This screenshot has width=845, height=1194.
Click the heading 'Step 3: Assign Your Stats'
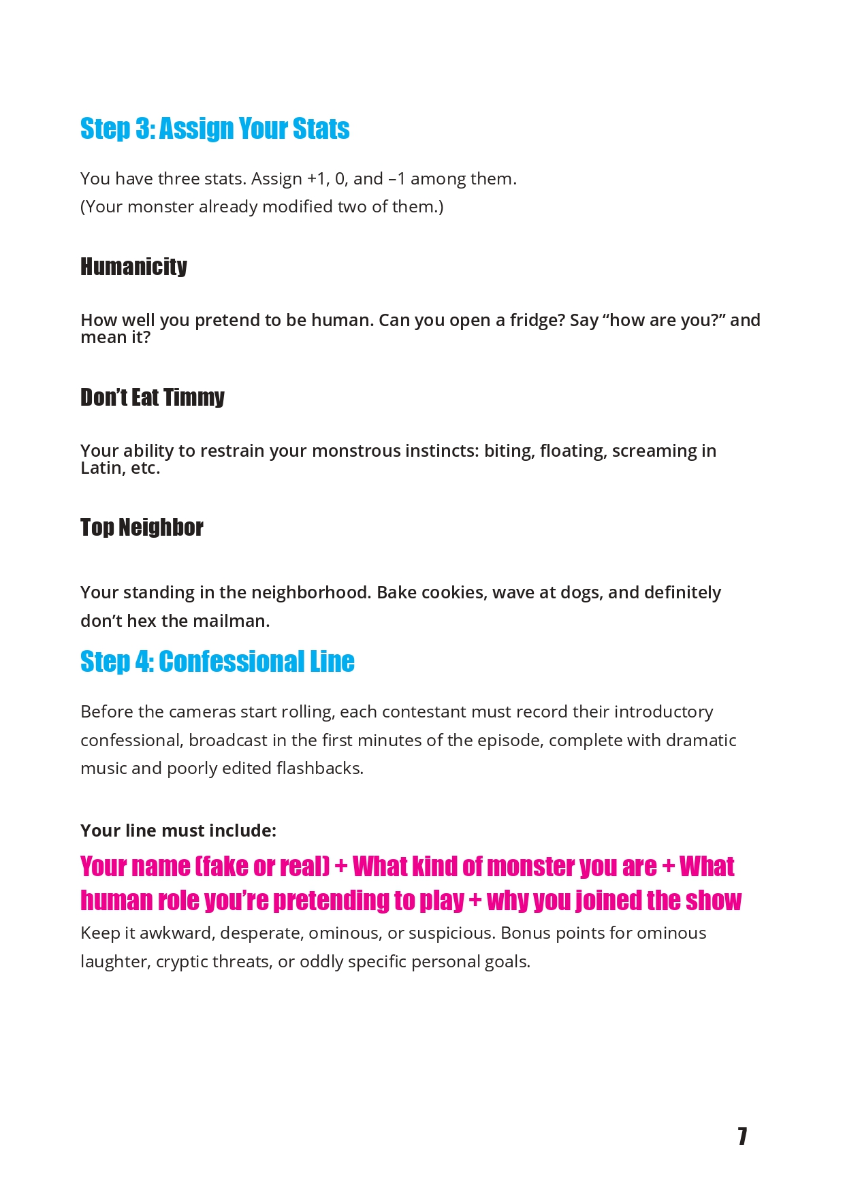214,129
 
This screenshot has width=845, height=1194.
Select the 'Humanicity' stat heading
133,266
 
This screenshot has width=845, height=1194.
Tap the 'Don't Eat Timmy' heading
152,397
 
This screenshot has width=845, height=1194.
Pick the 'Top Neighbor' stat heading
142,528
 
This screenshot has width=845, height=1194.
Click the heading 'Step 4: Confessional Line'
217,662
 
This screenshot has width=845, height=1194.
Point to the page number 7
742,1135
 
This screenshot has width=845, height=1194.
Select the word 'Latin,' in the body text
103,468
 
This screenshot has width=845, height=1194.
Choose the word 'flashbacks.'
320,768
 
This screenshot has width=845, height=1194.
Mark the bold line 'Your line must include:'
178,830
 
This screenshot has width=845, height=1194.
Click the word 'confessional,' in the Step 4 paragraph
131,740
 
